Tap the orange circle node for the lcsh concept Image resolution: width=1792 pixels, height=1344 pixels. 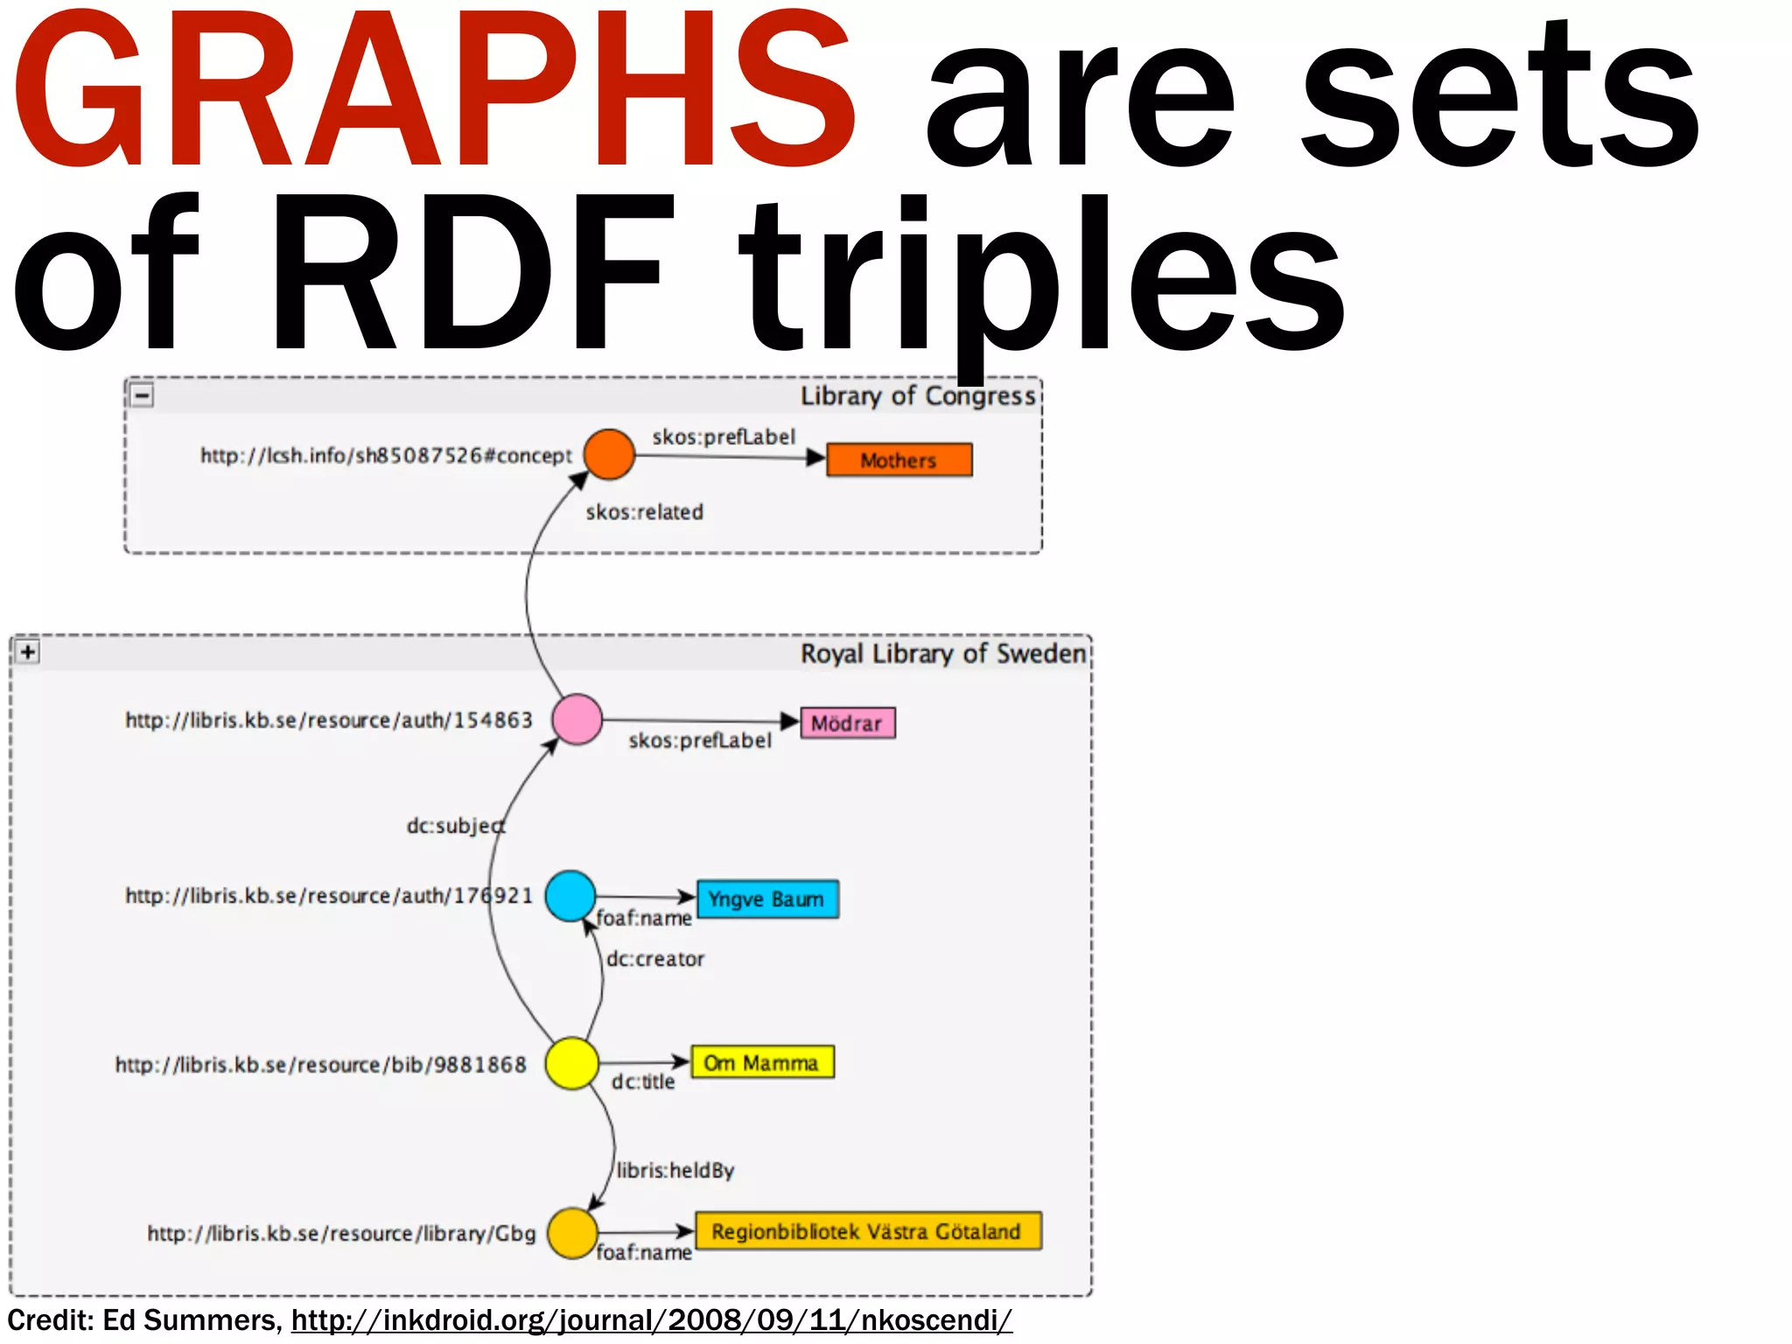pos(609,454)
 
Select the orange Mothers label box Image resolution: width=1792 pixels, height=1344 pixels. pos(899,460)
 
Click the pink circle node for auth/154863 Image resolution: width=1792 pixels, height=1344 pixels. pos(577,719)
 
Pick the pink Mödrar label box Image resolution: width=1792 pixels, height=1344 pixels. pos(847,724)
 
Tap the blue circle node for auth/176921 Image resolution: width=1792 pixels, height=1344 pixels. pos(570,895)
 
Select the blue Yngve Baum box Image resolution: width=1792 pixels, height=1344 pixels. pos(767,899)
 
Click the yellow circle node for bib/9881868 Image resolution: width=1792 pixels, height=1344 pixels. pos(571,1063)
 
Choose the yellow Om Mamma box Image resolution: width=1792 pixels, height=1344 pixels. pos(762,1062)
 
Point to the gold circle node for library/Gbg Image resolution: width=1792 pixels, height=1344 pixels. pos(572,1233)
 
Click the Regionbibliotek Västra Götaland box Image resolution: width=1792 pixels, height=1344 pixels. pos(867,1231)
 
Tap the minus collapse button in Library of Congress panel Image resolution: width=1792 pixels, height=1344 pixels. pos(142,395)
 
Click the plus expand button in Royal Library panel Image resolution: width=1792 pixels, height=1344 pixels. pos(28,652)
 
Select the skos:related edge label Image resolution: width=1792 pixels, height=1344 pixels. pos(644,512)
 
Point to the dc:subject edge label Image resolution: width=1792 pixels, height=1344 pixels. pos(455,825)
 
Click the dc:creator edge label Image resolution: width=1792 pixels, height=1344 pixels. pos(655,959)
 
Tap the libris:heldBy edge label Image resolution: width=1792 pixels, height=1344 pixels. pos(675,1170)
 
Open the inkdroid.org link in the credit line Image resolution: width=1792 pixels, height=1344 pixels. pos(651,1319)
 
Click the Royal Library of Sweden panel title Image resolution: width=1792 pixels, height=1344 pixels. pos(942,654)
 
